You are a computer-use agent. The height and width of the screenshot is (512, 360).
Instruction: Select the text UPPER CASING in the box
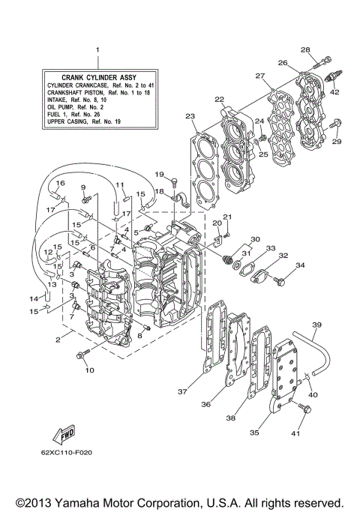coord(68,121)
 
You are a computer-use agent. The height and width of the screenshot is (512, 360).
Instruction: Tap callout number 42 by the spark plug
coord(334,92)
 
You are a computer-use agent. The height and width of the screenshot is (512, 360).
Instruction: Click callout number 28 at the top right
coord(305,49)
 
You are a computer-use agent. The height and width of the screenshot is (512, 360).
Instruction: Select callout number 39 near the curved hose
coord(316,325)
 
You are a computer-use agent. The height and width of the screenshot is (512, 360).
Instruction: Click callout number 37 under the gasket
coord(182,391)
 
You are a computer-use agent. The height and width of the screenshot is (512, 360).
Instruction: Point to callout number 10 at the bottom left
coord(89,370)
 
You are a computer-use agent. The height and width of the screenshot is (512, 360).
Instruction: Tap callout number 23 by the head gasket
coord(190,116)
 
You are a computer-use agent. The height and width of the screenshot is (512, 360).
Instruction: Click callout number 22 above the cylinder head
coord(219,99)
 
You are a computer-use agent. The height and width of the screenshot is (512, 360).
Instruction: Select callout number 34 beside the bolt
coord(300,265)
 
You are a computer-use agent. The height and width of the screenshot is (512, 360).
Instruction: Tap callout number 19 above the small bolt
coord(159,175)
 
